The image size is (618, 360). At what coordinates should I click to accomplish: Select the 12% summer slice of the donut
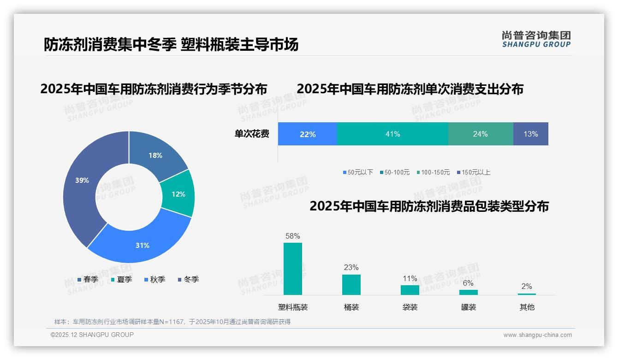[x=179, y=194]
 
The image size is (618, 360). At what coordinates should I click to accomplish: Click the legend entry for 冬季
[x=188, y=279]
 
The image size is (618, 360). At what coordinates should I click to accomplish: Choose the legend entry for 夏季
[x=121, y=279]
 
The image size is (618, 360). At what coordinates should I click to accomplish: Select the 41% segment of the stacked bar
[x=392, y=134]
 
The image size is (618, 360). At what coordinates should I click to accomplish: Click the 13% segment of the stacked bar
[x=530, y=134]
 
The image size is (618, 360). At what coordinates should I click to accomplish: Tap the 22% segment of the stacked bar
[x=308, y=134]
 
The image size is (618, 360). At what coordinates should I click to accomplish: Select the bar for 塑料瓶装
[x=293, y=269]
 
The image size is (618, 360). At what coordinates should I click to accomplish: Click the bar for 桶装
[x=351, y=284]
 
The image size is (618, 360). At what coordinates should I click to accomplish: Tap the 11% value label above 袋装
[x=410, y=278]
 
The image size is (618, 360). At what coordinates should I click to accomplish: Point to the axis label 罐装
[x=468, y=307]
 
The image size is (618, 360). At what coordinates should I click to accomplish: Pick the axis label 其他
[x=527, y=307]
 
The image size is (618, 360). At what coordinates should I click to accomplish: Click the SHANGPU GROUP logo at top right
[x=536, y=39]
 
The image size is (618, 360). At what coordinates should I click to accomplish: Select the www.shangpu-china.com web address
[x=537, y=335]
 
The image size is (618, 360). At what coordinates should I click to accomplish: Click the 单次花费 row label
[x=252, y=134]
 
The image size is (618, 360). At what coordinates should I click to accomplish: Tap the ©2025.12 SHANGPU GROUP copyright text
[x=92, y=335]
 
